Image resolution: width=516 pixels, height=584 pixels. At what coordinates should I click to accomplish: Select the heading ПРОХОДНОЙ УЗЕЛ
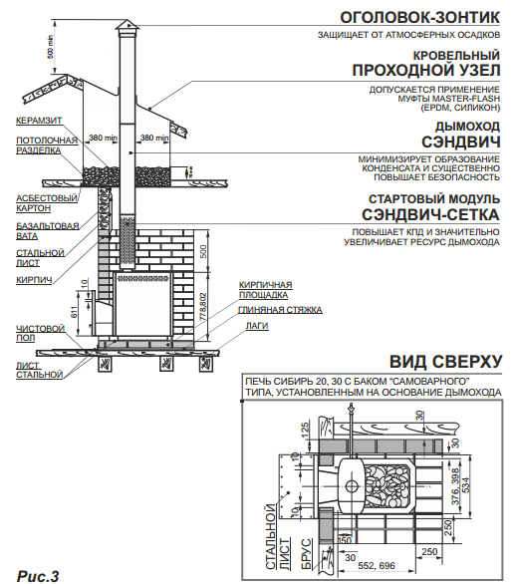click(427, 72)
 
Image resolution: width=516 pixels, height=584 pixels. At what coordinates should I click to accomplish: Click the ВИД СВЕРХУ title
click(445, 361)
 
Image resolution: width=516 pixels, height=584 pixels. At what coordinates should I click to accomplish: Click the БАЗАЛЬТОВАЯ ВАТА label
click(47, 231)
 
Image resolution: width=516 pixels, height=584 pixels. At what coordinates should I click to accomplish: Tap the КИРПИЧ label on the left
click(34, 280)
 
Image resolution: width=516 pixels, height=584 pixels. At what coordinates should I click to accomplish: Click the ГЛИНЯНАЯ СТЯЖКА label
click(280, 310)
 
